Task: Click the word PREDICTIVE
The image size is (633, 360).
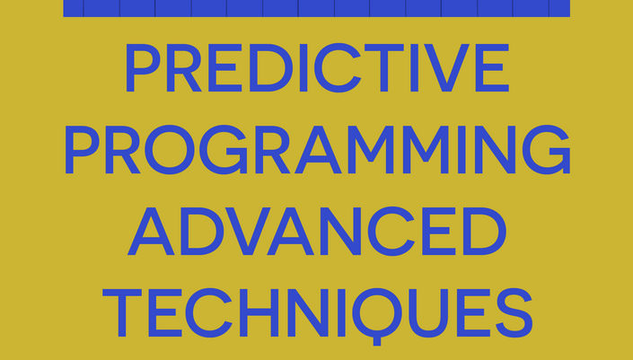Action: [317, 68]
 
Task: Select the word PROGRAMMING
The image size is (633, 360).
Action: [317, 150]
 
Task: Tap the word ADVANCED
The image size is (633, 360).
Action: [316, 232]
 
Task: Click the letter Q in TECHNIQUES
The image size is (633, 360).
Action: [377, 316]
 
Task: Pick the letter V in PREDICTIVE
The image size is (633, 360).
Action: [446, 68]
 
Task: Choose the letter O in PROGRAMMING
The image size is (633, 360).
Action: [170, 150]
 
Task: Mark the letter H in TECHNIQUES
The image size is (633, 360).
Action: [259, 312]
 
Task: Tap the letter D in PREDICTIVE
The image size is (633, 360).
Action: [271, 68]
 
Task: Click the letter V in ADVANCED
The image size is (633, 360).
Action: [248, 232]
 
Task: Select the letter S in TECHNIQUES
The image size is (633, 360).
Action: [514, 312]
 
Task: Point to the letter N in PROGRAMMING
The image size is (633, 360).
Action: [495, 150]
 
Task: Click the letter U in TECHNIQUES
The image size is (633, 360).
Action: [428, 313]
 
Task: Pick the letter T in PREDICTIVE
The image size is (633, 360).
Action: [384, 68]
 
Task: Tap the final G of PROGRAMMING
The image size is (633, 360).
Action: [546, 150]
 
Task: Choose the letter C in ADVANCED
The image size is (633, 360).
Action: [391, 232]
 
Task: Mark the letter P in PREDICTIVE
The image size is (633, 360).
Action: [144, 68]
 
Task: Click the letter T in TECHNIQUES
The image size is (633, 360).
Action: [122, 312]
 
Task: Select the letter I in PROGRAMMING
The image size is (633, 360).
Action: [462, 150]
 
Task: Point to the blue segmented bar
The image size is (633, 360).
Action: [316, 8]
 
